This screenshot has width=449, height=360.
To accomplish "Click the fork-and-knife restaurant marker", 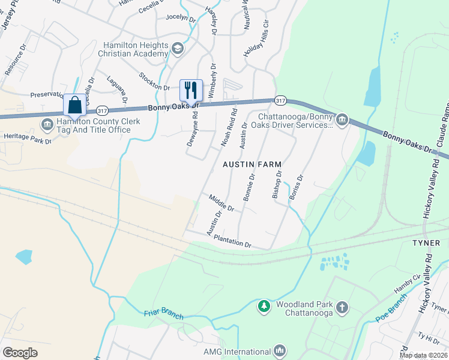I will click(191, 91).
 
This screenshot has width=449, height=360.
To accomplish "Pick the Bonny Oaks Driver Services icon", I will click(342, 121).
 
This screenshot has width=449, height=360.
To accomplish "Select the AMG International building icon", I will click(279, 351).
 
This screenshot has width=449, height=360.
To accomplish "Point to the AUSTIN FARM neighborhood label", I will click(252, 164).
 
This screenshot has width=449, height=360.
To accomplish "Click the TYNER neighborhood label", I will click(426, 243).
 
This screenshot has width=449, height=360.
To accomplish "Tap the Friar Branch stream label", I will click(163, 314).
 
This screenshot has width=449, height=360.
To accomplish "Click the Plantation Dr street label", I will click(232, 241).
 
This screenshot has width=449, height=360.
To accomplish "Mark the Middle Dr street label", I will click(221, 202).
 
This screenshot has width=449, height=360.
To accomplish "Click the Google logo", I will click(20, 352).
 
